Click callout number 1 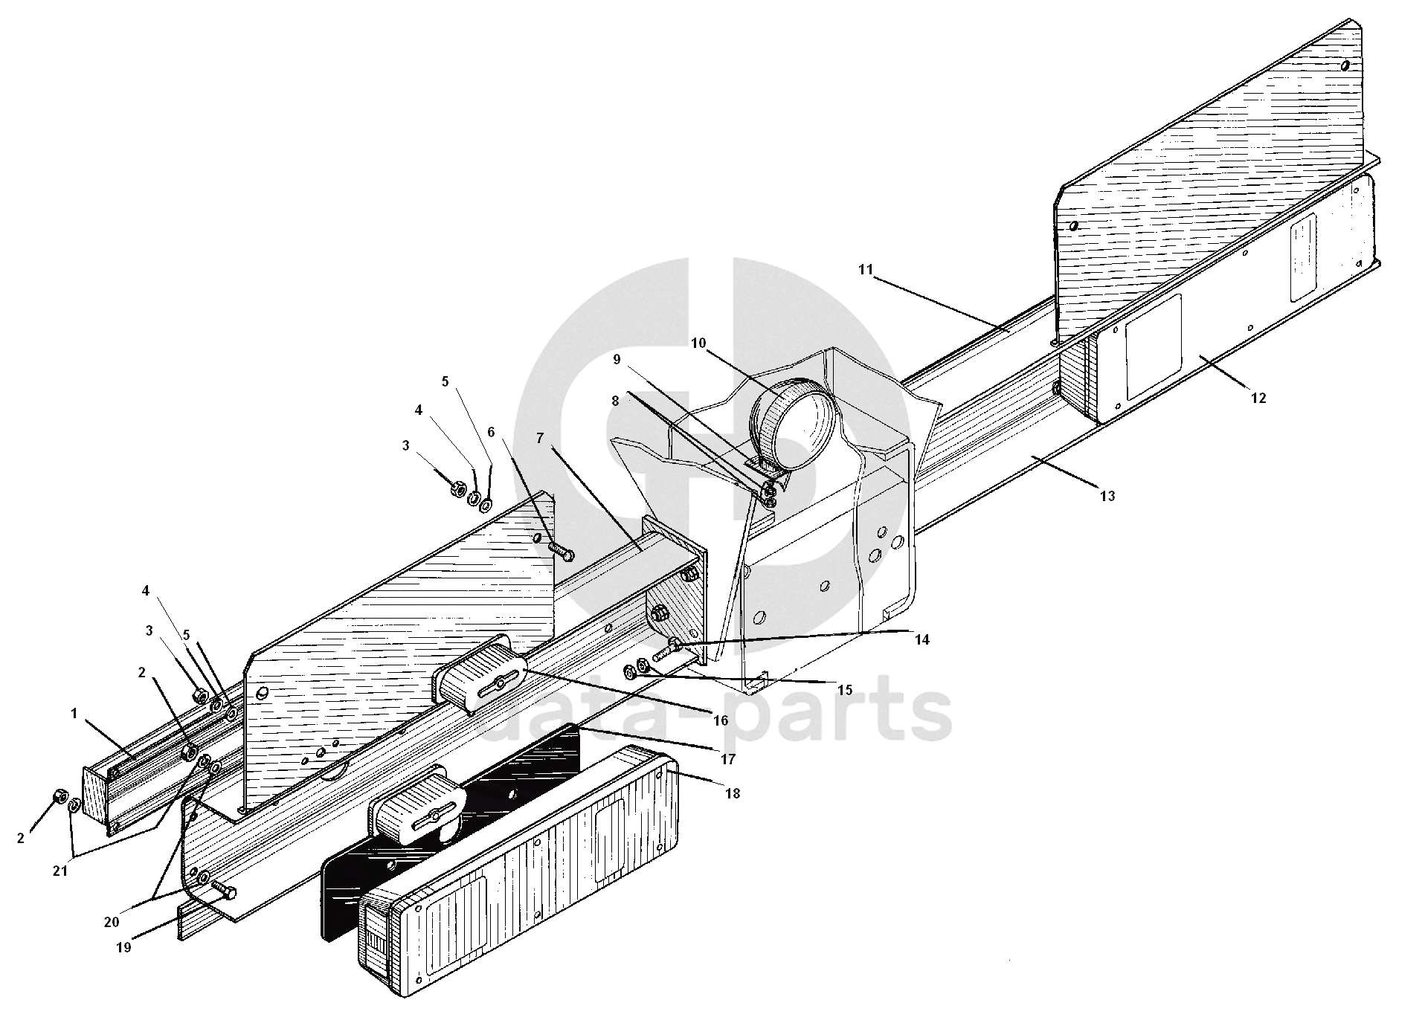(74, 714)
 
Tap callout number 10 (698, 343)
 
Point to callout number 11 (865, 269)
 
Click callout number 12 (1258, 398)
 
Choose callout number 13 (1107, 496)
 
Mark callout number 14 (922, 639)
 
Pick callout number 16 (719, 720)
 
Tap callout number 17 (727, 759)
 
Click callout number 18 (733, 793)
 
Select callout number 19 (123, 947)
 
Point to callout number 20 (112, 922)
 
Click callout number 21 (59, 871)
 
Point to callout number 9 (617, 360)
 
